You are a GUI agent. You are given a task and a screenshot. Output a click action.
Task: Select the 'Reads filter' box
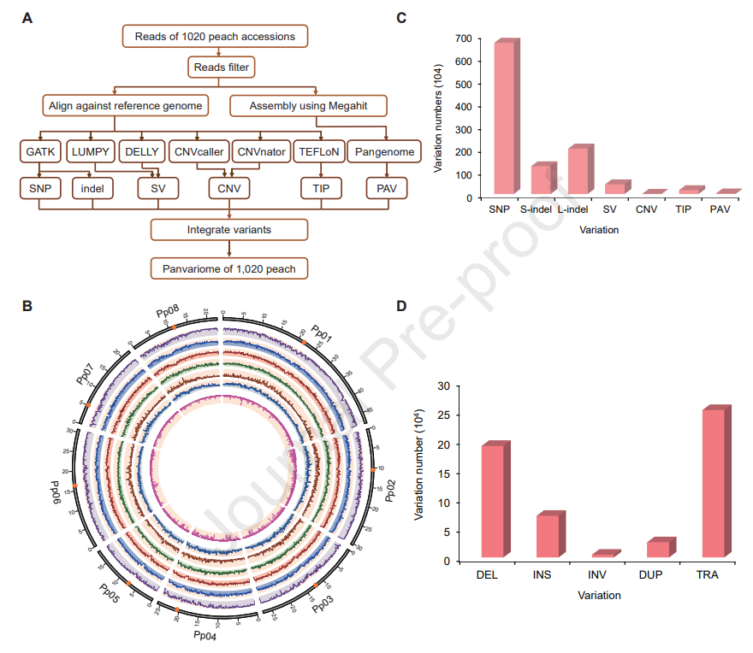coord(222,66)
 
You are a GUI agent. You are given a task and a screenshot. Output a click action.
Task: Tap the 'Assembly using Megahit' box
coord(310,106)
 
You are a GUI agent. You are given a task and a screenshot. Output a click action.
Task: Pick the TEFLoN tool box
coord(319,151)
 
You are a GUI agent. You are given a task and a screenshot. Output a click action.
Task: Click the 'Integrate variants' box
coord(229,230)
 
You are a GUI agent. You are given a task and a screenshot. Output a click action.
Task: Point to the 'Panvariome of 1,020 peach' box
coord(229,268)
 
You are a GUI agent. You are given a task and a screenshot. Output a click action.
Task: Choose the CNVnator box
coord(259,151)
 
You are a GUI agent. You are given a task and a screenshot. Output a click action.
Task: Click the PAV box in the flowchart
coord(384,187)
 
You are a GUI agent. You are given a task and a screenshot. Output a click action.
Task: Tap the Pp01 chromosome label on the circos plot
coord(322,335)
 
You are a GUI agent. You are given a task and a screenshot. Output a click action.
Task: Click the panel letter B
coord(27,305)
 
